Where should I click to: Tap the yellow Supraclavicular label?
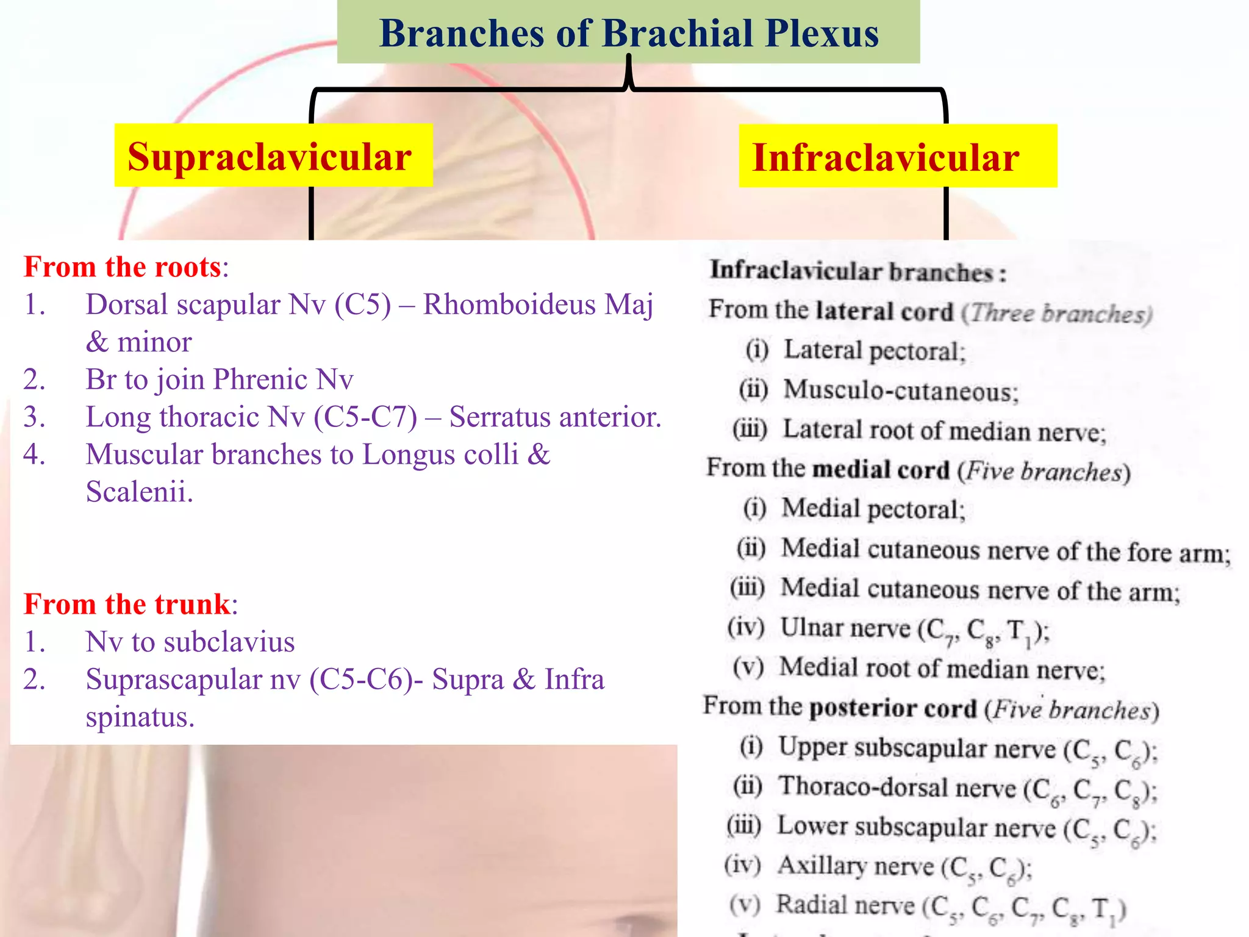click(x=270, y=156)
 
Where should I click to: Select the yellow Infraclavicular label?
click(x=886, y=157)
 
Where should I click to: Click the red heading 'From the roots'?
click(x=122, y=267)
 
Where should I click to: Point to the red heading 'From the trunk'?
click(x=127, y=604)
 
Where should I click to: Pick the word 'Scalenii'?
click(x=139, y=492)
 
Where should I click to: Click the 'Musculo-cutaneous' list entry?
click(x=900, y=390)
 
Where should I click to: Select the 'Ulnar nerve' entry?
click(x=845, y=628)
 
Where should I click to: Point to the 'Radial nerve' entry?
click(x=845, y=905)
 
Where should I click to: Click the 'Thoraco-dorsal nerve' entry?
click(x=896, y=787)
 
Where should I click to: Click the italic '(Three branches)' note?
click(x=1056, y=313)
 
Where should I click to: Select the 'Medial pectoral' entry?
click(x=872, y=509)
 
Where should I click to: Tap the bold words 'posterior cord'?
click(x=893, y=708)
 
